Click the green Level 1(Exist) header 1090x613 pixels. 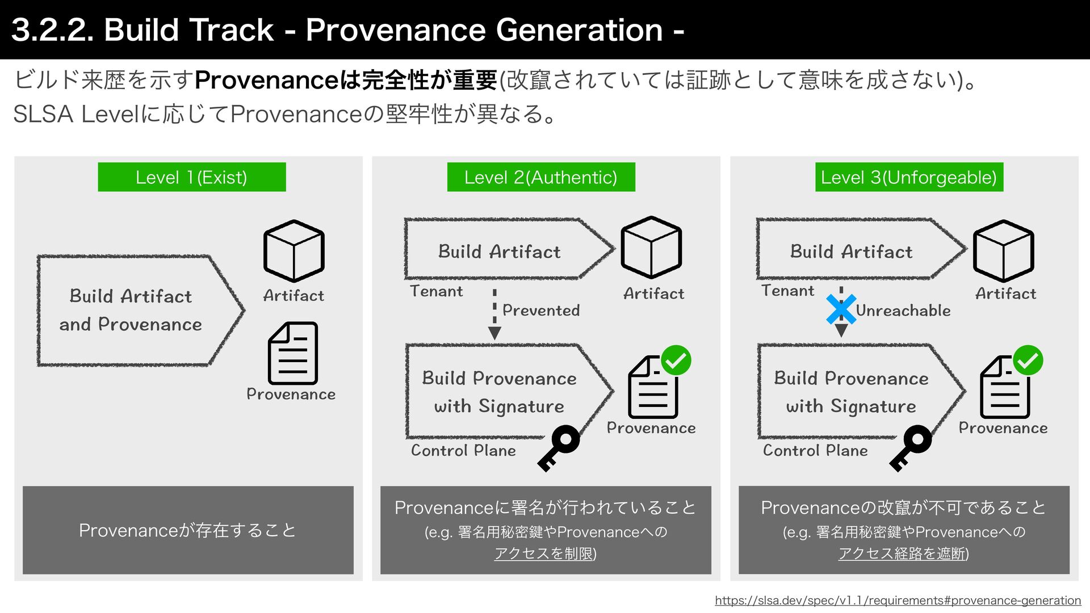tap(191, 177)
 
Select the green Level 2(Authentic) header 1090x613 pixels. tap(540, 177)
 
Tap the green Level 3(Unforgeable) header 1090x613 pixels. tap(909, 177)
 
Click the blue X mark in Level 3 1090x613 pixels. tap(841, 309)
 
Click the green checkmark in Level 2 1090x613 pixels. tap(676, 360)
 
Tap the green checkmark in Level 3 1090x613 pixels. tap(1028, 360)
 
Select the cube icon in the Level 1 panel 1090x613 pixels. tap(294, 251)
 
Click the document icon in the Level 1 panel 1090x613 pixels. tap(293, 353)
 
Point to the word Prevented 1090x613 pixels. tap(541, 310)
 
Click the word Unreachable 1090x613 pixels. tap(903, 310)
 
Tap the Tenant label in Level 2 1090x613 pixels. tap(436, 291)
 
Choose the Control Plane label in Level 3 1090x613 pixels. tap(815, 451)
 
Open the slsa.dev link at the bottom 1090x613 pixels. tap(898, 601)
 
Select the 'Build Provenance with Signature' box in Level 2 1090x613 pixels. tap(500, 392)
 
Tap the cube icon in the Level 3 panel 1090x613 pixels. tap(1003, 250)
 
